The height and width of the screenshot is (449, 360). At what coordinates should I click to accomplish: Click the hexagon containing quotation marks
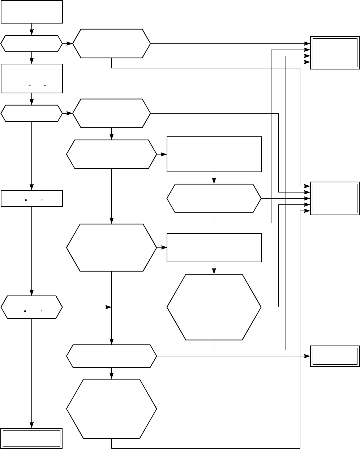[31, 307]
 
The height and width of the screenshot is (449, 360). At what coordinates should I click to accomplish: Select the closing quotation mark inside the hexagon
[42, 311]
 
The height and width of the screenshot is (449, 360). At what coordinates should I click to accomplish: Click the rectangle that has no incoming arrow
[32, 12]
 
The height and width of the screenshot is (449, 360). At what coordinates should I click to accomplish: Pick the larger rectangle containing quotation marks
[32, 78]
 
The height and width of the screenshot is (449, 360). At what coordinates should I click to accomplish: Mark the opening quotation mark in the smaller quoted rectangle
[26, 200]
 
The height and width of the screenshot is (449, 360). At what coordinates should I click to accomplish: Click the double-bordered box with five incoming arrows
[335, 199]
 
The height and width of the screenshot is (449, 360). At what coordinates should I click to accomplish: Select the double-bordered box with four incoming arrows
[335, 53]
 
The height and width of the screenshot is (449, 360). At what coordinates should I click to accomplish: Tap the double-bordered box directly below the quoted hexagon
[32, 438]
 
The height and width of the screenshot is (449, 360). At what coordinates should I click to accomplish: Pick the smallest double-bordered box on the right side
[335, 356]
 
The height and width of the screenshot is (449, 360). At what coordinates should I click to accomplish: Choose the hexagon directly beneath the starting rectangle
[31, 44]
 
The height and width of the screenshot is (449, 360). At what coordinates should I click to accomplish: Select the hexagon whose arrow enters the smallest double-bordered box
[111, 356]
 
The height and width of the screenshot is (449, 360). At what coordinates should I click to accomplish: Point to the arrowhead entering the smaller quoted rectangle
[32, 189]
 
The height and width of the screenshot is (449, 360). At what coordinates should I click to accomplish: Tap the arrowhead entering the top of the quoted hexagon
[32, 293]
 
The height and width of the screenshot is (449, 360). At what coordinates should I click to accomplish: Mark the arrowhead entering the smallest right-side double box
[308, 356]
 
